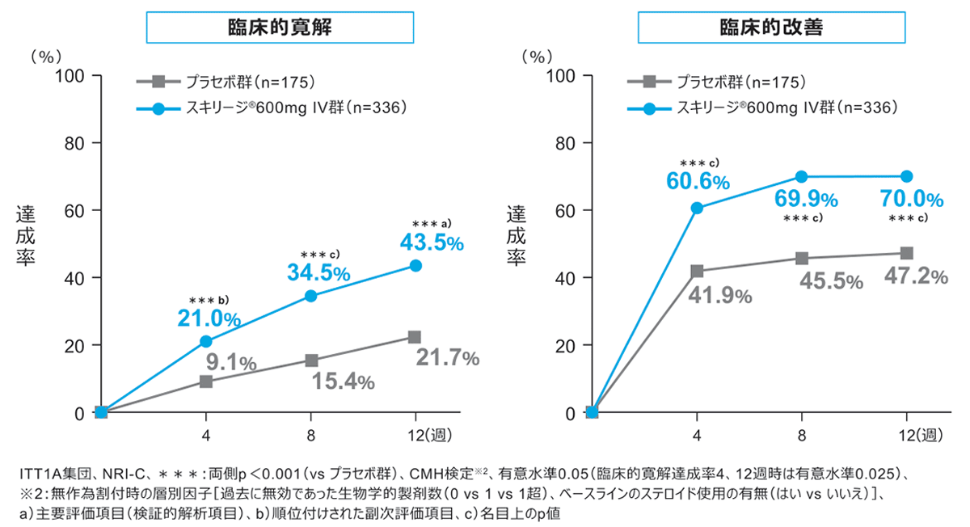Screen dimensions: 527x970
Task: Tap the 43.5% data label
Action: pos(431,242)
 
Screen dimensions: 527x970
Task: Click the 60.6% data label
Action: pos(698,181)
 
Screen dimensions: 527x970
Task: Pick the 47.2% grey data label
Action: pos(914,276)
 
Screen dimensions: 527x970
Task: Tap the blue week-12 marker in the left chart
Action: pos(415,265)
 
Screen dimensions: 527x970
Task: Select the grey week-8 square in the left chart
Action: pos(310,360)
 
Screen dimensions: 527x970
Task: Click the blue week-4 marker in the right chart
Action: pos(697,208)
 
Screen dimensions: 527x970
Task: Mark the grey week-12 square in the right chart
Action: pos(907,253)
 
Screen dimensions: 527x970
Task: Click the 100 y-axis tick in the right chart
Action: pos(561,75)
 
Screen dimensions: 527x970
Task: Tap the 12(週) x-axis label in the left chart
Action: pos(428,436)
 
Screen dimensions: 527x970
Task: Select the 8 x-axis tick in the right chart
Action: pos(802,436)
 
